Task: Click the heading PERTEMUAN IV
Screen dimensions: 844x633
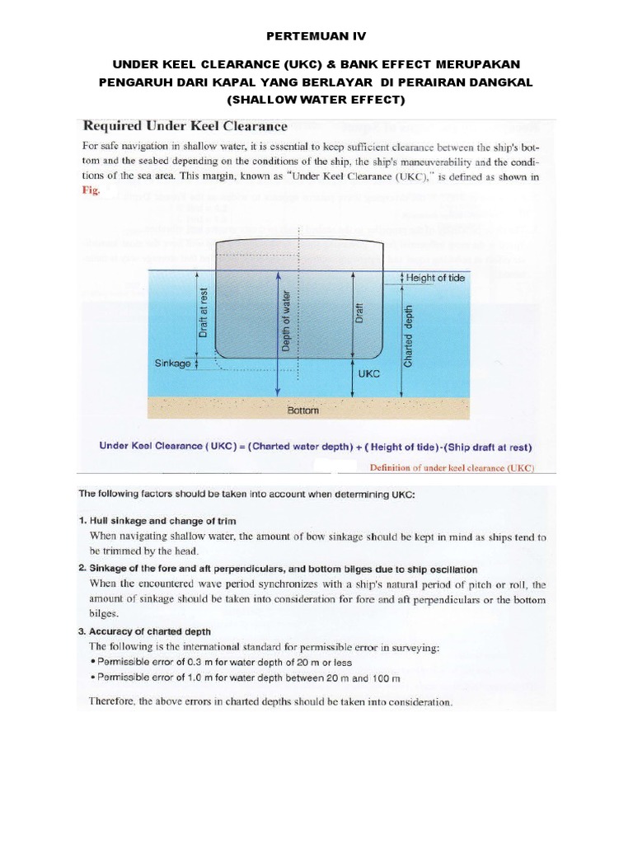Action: tap(316, 37)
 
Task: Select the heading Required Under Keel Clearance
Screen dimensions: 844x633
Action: tap(185, 126)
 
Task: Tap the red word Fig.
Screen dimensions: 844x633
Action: tap(91, 190)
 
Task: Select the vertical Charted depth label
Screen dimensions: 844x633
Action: tap(409, 324)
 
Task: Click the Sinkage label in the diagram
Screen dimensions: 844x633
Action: tap(171, 361)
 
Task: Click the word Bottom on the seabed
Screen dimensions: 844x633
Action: tap(302, 409)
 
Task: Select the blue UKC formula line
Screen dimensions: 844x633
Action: tap(316, 447)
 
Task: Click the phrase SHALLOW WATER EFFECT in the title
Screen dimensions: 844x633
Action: tap(316, 100)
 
